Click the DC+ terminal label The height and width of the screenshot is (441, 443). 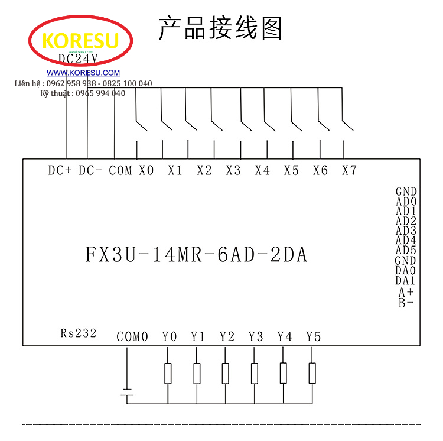[60, 170]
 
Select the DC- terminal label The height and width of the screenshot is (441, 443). [90, 170]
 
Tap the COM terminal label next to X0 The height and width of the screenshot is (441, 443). [120, 170]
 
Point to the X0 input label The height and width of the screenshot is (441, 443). [146, 170]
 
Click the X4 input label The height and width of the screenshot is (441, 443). [262, 170]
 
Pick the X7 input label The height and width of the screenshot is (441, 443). [349, 170]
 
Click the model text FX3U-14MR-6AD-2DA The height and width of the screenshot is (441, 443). [197, 255]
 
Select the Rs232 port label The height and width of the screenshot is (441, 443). [78, 333]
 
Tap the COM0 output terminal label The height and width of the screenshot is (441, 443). [132, 336]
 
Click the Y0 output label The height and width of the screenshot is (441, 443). [169, 336]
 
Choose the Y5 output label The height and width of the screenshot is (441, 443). [313, 336]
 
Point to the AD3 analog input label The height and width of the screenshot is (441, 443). [406, 231]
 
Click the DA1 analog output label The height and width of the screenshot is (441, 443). [405, 281]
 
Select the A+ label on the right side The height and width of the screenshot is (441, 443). [406, 292]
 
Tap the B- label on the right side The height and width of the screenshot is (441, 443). [406, 303]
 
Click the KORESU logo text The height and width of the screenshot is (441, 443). [81, 41]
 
